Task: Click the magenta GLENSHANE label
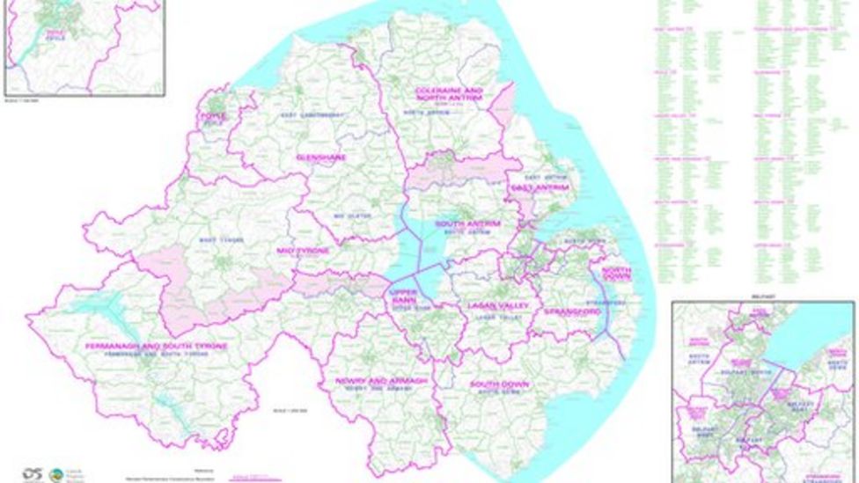tap(321, 157)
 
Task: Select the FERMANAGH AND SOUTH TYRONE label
tap(157, 346)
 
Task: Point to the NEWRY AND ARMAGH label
tap(381, 381)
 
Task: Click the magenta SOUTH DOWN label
tap(497, 385)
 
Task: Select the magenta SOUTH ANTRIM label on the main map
tap(467, 224)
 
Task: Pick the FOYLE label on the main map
tap(212, 115)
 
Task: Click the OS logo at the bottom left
tap(33, 472)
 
